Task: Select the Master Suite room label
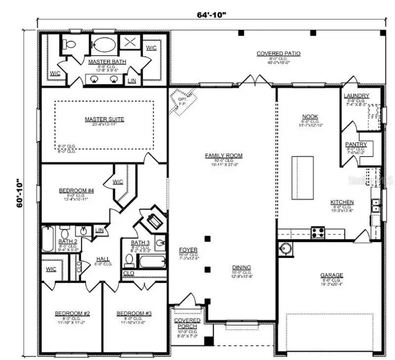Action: click(104, 119)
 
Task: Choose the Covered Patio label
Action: click(278, 53)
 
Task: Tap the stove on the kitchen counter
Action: click(317, 231)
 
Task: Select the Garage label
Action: click(331, 275)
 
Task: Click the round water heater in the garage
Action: click(286, 248)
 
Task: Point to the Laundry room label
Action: click(356, 95)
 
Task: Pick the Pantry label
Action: click(356, 144)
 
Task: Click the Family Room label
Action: click(224, 156)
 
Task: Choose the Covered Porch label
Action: click(187, 324)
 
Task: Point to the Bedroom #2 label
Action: click(72, 314)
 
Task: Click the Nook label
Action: click(310, 117)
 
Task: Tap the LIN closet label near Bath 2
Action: click(100, 230)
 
